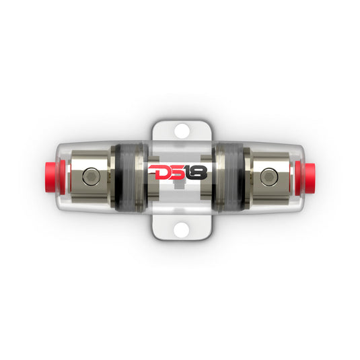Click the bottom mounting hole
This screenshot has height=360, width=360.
tap(180, 230)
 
